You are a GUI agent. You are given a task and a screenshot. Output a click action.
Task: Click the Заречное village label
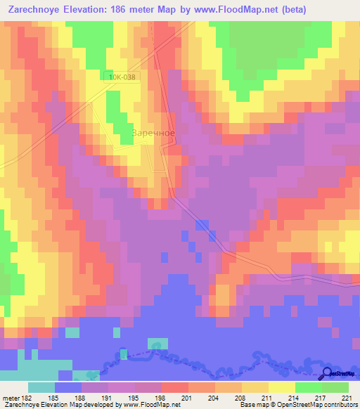153,131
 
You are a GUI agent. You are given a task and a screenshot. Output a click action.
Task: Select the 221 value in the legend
346,397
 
